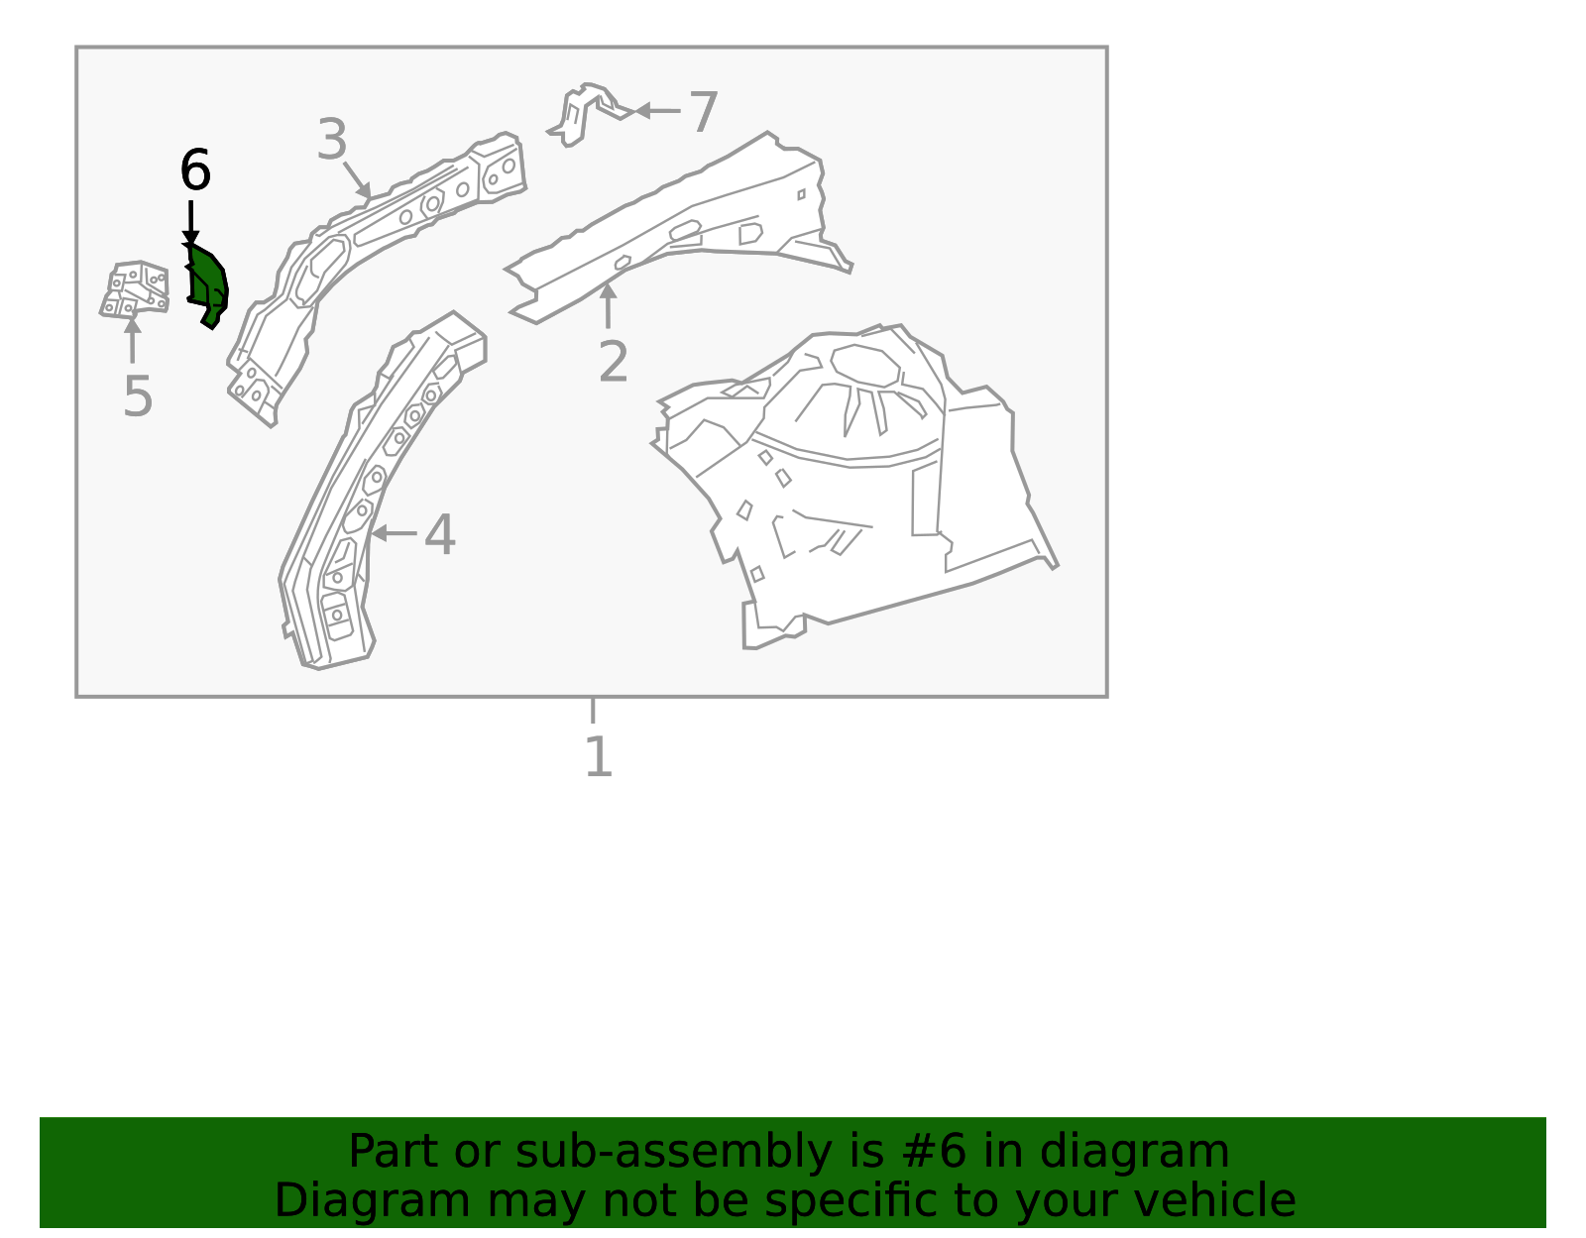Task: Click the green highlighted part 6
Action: pyautogui.click(x=208, y=286)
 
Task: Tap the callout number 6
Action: pyautogui.click(x=195, y=169)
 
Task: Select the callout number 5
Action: pyautogui.click(x=138, y=396)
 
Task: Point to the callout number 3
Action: pyautogui.click(x=332, y=139)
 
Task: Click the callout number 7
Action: pyautogui.click(x=704, y=112)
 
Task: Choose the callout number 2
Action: pyautogui.click(x=613, y=361)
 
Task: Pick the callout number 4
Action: pyautogui.click(x=440, y=534)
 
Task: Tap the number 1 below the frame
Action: pyautogui.click(x=600, y=756)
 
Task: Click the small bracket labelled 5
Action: pyautogui.click(x=135, y=288)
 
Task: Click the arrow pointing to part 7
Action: pyautogui.click(x=657, y=111)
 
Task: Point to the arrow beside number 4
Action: pyautogui.click(x=394, y=533)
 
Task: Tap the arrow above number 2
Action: pyautogui.click(x=608, y=305)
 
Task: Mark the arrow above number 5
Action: pyautogui.click(x=132, y=340)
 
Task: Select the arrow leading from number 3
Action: pyautogui.click(x=358, y=181)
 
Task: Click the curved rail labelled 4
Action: pyautogui.click(x=380, y=489)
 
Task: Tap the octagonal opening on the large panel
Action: pyautogui.click(x=865, y=365)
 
